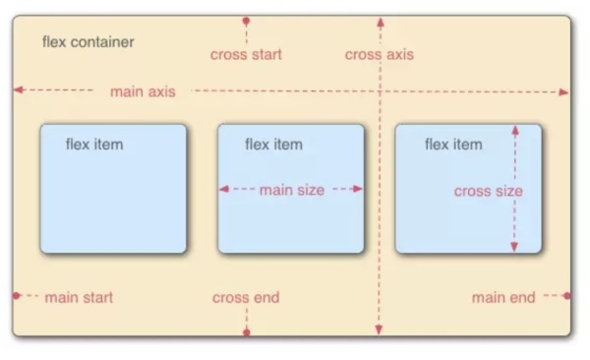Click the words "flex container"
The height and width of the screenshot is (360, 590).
pyautogui.click(x=88, y=42)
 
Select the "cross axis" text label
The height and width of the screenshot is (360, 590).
pyautogui.click(x=380, y=55)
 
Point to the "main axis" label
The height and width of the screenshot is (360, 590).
pyautogui.click(x=143, y=91)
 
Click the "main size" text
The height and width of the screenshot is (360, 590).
pyautogui.click(x=291, y=190)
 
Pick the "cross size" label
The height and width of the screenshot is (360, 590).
pyautogui.click(x=488, y=191)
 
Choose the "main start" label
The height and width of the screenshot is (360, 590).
pyautogui.click(x=79, y=297)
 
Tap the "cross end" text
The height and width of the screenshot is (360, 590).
pyautogui.click(x=246, y=297)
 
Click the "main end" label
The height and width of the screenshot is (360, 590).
pyautogui.click(x=503, y=297)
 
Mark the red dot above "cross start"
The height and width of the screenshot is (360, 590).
pyautogui.click(x=246, y=21)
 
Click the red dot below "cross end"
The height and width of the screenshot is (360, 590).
pyautogui.click(x=246, y=332)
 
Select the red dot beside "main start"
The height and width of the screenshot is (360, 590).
pyautogui.click(x=17, y=295)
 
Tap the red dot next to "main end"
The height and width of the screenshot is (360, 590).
pyautogui.click(x=567, y=295)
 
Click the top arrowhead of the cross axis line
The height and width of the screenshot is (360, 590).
pyautogui.click(x=380, y=20)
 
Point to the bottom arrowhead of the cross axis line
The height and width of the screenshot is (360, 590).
pyautogui.click(x=380, y=331)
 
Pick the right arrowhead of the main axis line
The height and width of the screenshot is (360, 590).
pyautogui.click(x=564, y=92)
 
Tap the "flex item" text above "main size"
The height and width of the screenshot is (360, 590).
pyautogui.click(x=273, y=145)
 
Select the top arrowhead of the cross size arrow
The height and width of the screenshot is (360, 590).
pyautogui.click(x=513, y=128)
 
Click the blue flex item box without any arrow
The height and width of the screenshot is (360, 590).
pyautogui.click(x=113, y=189)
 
